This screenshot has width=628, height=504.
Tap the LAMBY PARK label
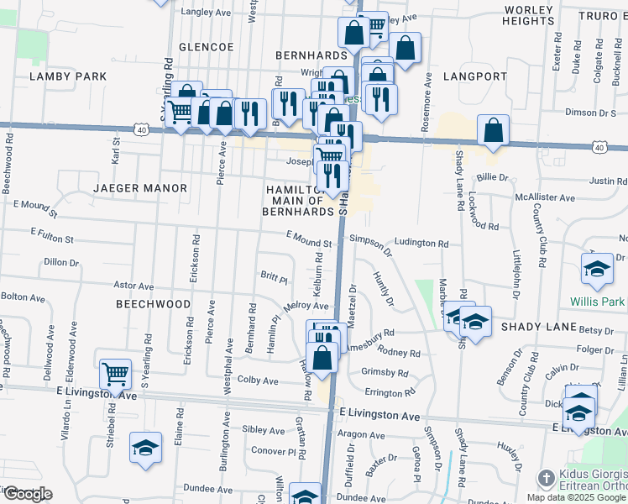(68, 76)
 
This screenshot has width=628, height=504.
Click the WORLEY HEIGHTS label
(530, 15)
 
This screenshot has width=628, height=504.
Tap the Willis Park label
(598, 301)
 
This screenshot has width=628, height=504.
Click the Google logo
(27, 494)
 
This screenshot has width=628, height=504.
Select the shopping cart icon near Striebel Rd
(116, 373)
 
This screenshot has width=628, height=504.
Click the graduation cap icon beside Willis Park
(597, 269)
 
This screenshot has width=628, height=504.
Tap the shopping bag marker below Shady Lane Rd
(495, 131)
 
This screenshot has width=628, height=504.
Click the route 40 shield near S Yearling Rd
(142, 129)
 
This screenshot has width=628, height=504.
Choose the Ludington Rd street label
(421, 243)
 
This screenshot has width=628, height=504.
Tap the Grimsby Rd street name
(384, 372)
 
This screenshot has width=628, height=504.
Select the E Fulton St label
(52, 231)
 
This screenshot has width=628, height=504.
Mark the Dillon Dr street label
(60, 262)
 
